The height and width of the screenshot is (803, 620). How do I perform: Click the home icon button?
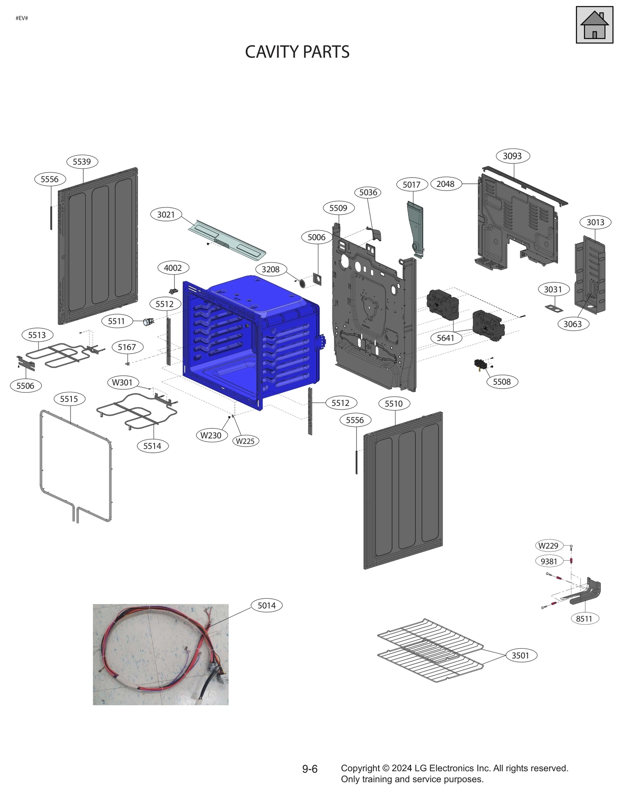point(594,25)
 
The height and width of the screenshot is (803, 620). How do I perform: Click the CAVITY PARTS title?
point(297,52)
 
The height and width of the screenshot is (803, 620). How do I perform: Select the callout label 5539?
point(82,162)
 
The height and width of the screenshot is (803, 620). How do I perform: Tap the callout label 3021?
point(166,214)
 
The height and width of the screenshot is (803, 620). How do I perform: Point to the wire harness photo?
point(160,654)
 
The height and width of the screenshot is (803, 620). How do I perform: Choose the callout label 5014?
point(267,605)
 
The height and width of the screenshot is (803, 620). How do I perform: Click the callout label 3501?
point(520,655)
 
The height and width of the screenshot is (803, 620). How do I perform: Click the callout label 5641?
point(445,338)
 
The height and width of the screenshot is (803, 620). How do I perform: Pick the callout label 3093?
point(512,156)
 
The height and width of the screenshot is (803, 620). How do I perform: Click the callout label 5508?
point(502,382)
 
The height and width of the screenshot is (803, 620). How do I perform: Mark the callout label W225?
point(245,441)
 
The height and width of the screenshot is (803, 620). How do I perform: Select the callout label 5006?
point(317,237)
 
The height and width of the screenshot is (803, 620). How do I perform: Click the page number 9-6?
point(310,769)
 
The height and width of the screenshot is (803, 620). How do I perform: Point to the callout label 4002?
point(173,268)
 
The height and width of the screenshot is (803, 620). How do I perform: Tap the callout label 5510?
point(394,404)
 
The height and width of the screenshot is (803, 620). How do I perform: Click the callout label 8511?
point(584,618)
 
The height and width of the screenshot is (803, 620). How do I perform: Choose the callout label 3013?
point(595,222)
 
